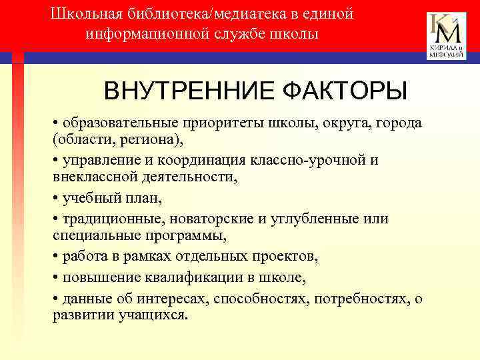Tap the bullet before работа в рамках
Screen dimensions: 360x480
click(x=57, y=257)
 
